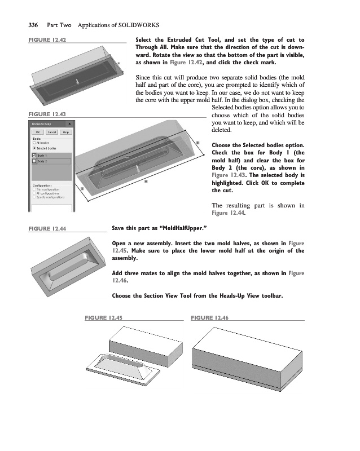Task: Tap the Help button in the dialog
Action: coord(65,131)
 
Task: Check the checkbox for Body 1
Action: coord(34,156)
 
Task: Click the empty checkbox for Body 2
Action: coord(34,161)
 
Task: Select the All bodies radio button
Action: coord(34,143)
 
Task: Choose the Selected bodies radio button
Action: coord(34,148)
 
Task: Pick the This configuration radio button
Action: coord(34,189)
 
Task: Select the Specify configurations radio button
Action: coord(34,198)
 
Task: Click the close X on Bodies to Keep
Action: coord(69,123)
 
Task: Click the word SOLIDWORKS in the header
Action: coord(138,25)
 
